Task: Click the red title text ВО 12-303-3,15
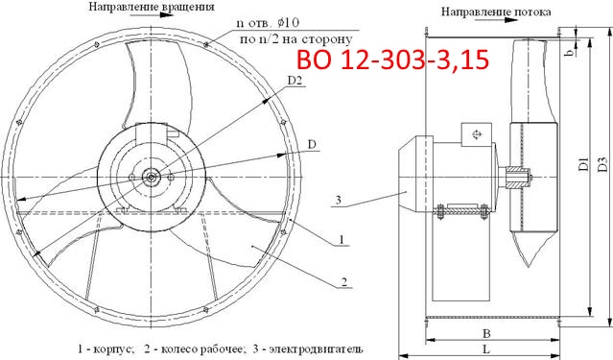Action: coord(392,60)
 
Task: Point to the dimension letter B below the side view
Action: coord(488,335)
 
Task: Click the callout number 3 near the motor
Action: coord(339,200)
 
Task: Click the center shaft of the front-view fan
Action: coord(152,176)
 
